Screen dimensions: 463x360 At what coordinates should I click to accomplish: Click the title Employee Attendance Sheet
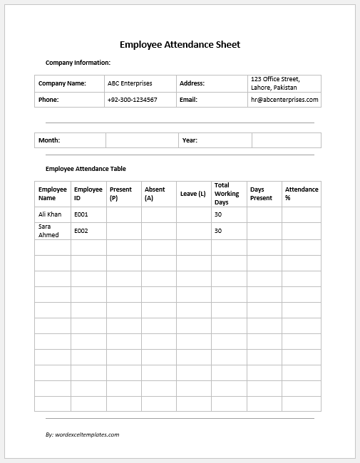coord(180,44)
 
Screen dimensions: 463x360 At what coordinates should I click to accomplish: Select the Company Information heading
coord(78,63)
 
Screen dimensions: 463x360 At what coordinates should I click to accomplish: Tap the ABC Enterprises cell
coord(130,83)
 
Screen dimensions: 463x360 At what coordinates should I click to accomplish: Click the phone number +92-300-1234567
coord(133,100)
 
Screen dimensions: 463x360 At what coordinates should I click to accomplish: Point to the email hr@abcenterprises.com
coord(284,100)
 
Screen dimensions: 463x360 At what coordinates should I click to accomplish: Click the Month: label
coord(49,140)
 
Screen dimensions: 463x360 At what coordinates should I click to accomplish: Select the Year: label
coord(190,140)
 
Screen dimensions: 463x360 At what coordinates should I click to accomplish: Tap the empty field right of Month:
coord(142,140)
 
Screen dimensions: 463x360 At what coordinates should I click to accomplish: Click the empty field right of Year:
coord(286,140)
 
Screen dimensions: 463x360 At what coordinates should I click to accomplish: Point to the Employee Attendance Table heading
coord(86,169)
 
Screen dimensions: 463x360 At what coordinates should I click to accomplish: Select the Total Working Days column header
coord(227,194)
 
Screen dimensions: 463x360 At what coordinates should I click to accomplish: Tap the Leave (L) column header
coord(192,194)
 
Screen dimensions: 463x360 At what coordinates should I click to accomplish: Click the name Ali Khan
coord(50,214)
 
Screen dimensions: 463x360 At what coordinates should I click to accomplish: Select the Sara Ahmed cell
coord(49,231)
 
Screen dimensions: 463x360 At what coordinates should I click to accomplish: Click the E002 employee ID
coord(81,231)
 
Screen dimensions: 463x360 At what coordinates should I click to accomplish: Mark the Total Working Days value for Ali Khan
coord(218,214)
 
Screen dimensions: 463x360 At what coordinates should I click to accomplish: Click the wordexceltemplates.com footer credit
coord(82,434)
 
